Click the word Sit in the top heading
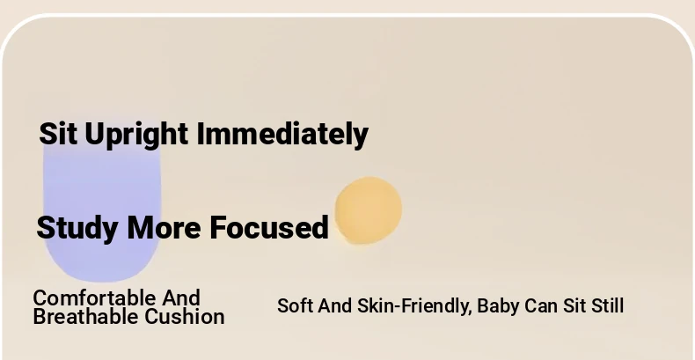[58, 134]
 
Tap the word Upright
[136, 136]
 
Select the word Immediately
[282, 136]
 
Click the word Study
[77, 229]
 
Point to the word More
[164, 228]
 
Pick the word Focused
[269, 227]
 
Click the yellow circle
[369, 210]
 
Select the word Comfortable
[94, 298]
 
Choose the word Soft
[295, 306]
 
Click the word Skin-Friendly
[413, 306]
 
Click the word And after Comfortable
[181, 298]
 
